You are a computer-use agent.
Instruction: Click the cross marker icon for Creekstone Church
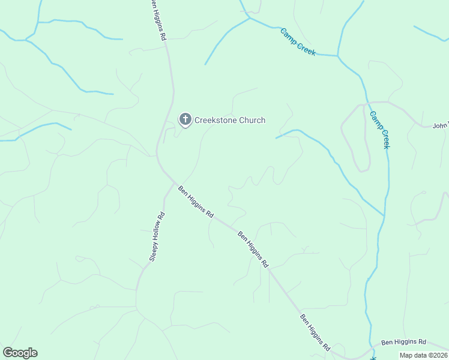point(185,119)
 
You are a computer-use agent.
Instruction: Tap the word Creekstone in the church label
point(215,120)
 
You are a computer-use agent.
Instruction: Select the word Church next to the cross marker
point(252,120)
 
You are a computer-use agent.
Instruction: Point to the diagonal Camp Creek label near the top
point(298,42)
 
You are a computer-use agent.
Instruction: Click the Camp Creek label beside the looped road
point(380,130)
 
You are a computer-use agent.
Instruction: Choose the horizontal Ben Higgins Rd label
point(403,342)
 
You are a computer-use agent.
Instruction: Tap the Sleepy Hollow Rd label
point(157,237)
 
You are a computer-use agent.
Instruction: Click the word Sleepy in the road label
point(153,251)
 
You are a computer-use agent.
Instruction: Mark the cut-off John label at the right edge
point(441,126)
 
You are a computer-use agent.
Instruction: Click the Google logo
point(20,353)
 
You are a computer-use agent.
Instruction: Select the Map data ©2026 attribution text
point(423,355)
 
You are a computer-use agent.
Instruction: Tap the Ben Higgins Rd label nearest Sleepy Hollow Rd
point(196,201)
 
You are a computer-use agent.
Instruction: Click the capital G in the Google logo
point(8,353)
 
